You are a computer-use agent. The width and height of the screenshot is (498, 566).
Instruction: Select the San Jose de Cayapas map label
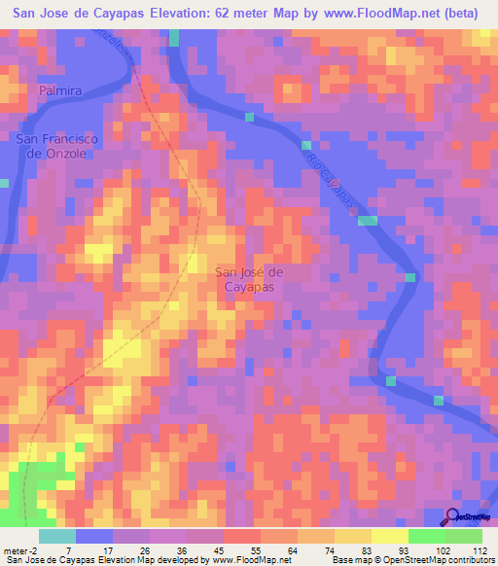[248, 280]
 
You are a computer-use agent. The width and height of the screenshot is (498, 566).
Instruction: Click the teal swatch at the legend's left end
[56, 536]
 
